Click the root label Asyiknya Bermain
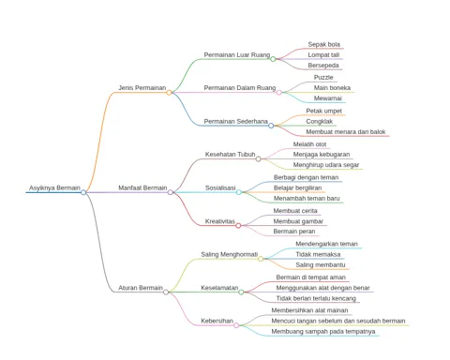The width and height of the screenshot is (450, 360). pyautogui.click(x=54, y=187)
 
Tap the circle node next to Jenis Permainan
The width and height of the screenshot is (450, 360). pyautogui.click(x=169, y=93)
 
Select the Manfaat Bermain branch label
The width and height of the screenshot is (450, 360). pyautogui.click(x=142, y=187)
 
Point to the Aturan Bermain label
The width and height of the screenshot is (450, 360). pyautogui.click(x=141, y=288)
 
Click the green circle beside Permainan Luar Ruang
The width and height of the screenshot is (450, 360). pyautogui.click(x=273, y=59)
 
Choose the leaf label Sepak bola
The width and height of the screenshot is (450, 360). pyautogui.click(x=323, y=44)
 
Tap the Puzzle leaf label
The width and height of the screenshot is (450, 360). pyautogui.click(x=323, y=77)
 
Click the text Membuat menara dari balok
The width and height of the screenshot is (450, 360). pyautogui.click(x=346, y=132)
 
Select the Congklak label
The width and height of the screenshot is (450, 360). pyautogui.click(x=320, y=121)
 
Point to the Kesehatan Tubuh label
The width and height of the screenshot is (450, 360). pyautogui.click(x=230, y=155)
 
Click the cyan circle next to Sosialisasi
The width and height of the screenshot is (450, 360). pyautogui.click(x=239, y=192)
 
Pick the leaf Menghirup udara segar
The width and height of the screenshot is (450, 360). pyautogui.click(x=326, y=165)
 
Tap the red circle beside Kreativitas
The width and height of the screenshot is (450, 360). pyautogui.click(x=238, y=226)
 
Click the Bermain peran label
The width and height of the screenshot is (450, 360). pyautogui.click(x=294, y=232)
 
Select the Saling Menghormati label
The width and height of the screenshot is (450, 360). pyautogui.click(x=230, y=254)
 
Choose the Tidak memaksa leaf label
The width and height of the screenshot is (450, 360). pyautogui.click(x=318, y=254)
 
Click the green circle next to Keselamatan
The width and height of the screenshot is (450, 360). pyautogui.click(x=241, y=292)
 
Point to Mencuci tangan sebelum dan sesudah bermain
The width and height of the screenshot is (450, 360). pyautogui.click(x=338, y=321)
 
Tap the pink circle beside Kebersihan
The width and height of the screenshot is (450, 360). pyautogui.click(x=236, y=325)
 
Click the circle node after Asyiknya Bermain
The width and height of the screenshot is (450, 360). pyautogui.click(x=83, y=192)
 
